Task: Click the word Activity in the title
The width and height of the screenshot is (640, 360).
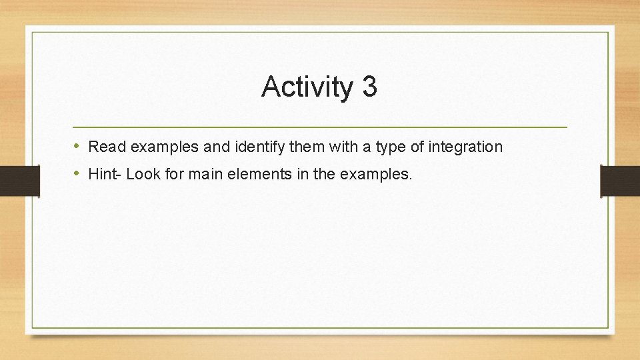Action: (307, 87)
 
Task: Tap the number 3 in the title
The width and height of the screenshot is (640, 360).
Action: (370, 87)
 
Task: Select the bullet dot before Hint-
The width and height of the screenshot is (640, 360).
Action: (77, 175)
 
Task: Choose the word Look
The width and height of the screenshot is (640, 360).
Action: (142, 175)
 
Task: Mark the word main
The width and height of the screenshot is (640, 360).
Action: (201, 175)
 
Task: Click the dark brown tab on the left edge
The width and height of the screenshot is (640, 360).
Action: (19, 181)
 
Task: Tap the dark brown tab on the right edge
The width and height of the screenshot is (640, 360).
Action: (620, 181)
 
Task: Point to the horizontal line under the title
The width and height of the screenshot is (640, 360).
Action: (320, 127)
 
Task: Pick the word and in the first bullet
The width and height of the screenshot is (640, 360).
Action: (213, 147)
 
